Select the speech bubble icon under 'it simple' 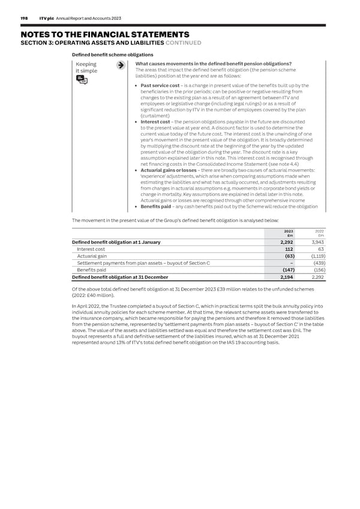click(82, 81)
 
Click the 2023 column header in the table click(288, 231)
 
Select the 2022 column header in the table click(320, 231)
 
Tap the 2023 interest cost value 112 click(288, 249)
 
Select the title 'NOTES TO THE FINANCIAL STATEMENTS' click(99, 35)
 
